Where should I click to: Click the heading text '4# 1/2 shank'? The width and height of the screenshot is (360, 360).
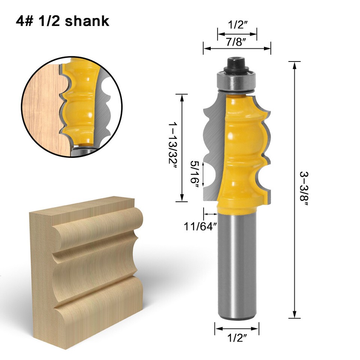pyautogui.click(x=62, y=21)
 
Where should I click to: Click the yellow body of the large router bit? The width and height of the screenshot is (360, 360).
pyautogui.click(x=240, y=150)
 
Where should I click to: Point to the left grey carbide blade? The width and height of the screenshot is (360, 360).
pyautogui.click(x=212, y=150)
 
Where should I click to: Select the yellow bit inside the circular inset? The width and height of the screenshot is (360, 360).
pyautogui.click(x=79, y=105)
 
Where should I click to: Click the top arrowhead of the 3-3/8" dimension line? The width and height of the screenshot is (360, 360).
pyautogui.click(x=295, y=65)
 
